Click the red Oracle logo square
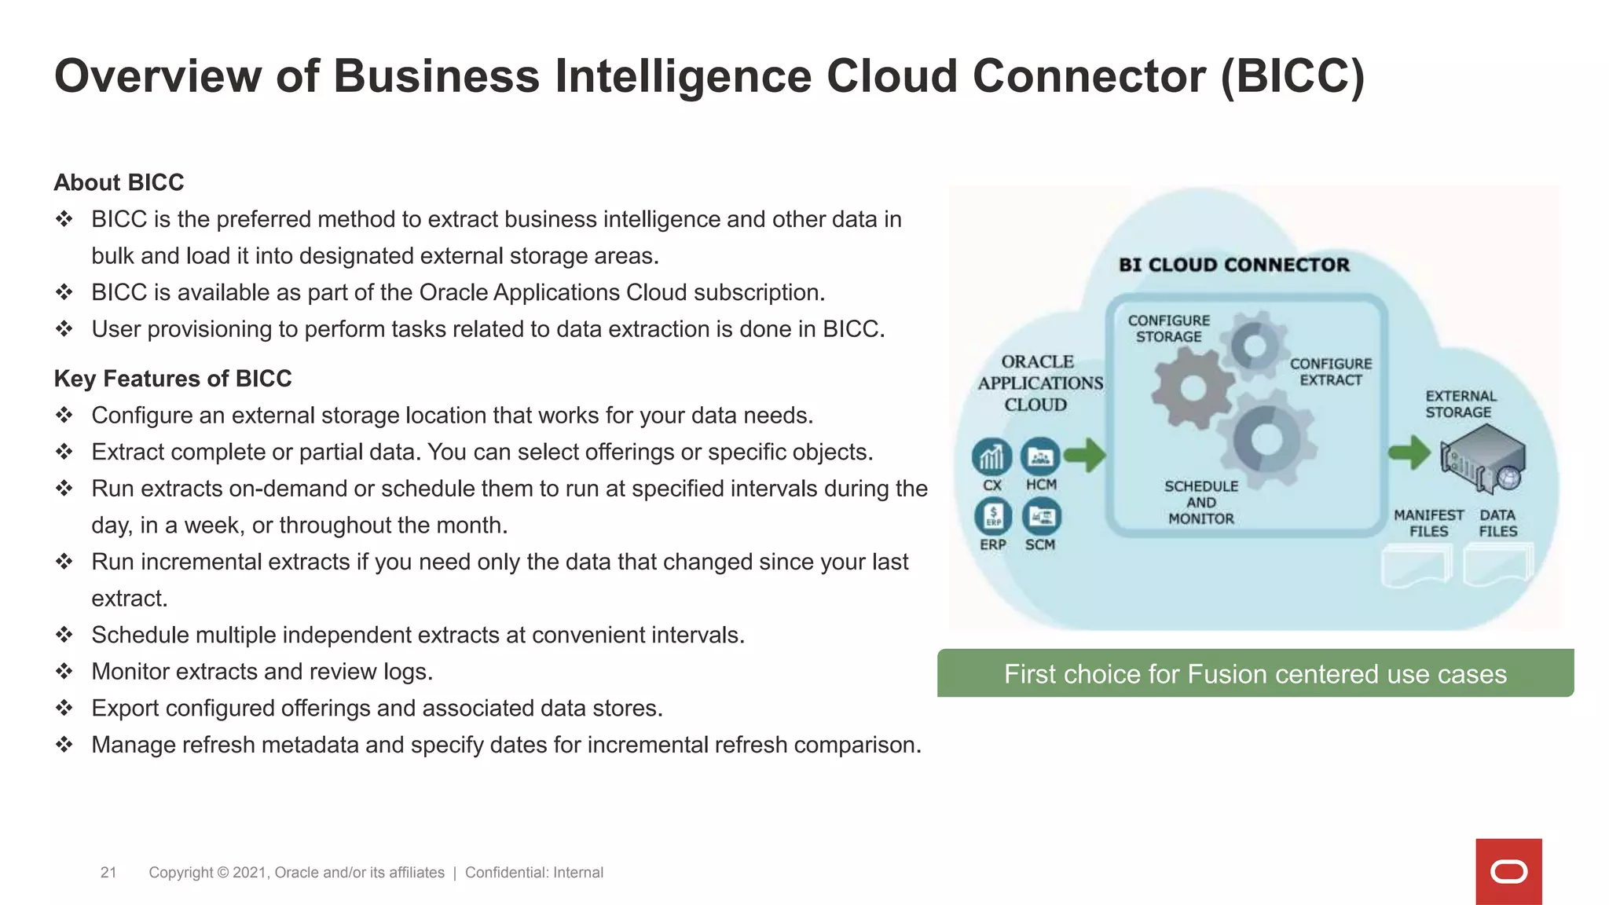coord(1508,871)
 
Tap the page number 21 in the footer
coord(108,872)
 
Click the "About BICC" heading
coord(119,182)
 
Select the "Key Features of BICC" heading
coord(173,379)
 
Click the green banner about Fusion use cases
coord(1255,673)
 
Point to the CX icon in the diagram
coord(991,457)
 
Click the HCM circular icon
coord(1040,456)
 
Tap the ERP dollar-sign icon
coord(993,516)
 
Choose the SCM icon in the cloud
coord(1041,516)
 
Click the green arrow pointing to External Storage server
coord(1409,452)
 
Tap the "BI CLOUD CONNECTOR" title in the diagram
coord(1233,265)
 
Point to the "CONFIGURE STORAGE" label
coord(1169,328)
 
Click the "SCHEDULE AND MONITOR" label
coord(1201,503)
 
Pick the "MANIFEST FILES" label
coord(1428,523)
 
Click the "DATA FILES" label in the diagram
coord(1497,523)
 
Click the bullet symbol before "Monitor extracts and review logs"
coord(64,671)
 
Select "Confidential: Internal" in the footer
coord(534,872)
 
